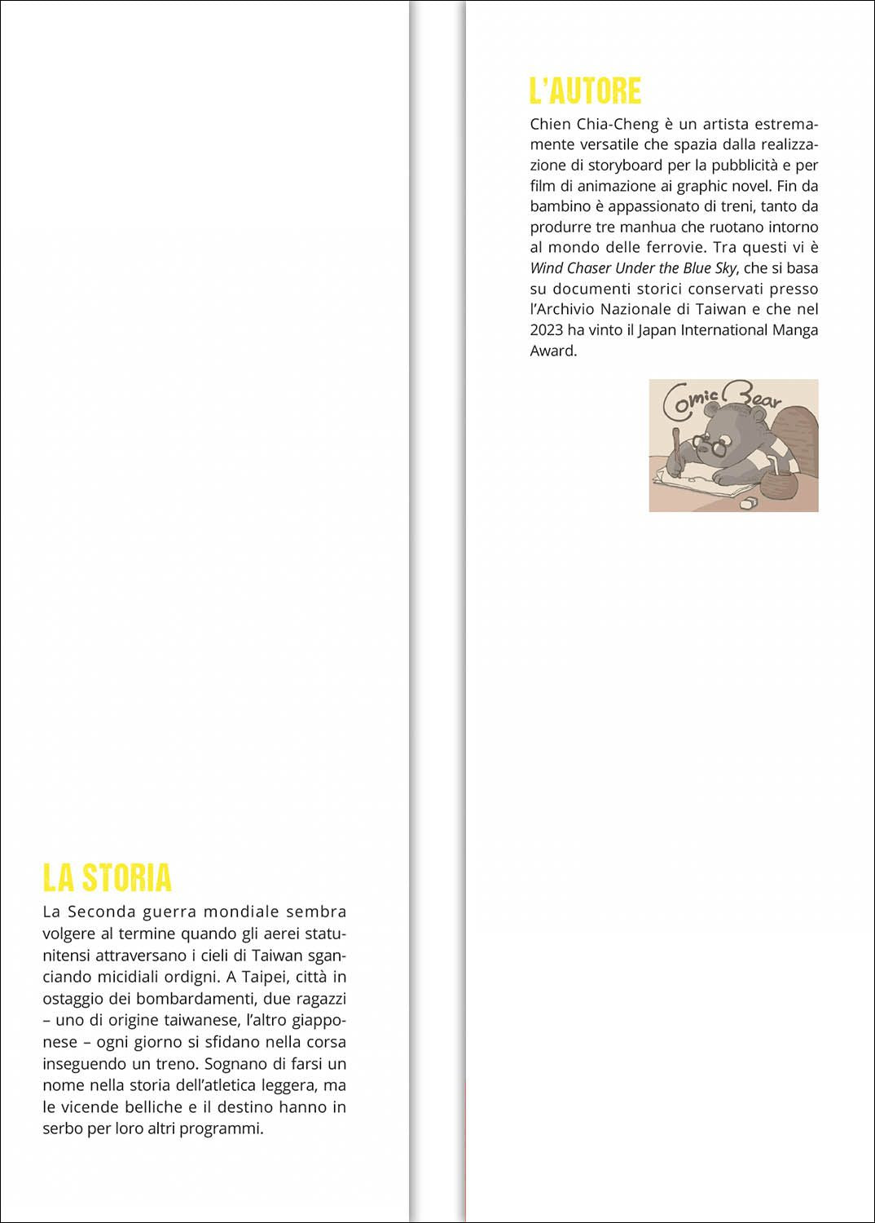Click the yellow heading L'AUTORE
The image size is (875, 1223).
585,91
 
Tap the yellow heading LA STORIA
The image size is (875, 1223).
107,877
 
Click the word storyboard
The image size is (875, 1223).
626,166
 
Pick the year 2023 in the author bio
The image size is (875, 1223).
546,330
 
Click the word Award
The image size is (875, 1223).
552,351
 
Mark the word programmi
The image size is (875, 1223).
226,1129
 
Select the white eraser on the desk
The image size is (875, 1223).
748,503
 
